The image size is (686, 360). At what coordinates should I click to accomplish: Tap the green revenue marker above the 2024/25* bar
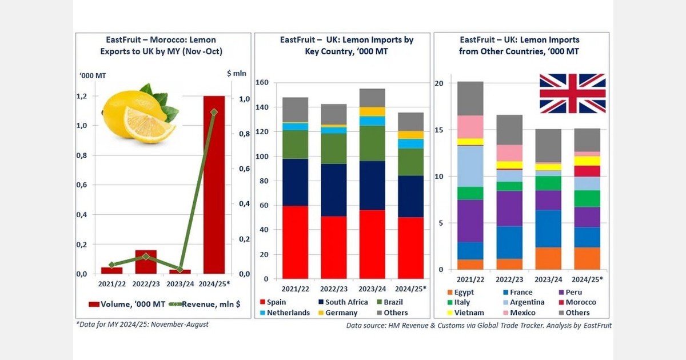tap(214, 113)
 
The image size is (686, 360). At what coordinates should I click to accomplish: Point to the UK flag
tap(572, 93)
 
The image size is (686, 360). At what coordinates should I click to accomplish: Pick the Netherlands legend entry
tap(285, 313)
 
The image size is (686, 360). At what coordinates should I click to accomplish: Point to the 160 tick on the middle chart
tap(262, 83)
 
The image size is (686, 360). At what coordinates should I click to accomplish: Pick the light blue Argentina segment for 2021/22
tap(469, 166)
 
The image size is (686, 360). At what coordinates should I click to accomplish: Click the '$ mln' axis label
tap(235, 73)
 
